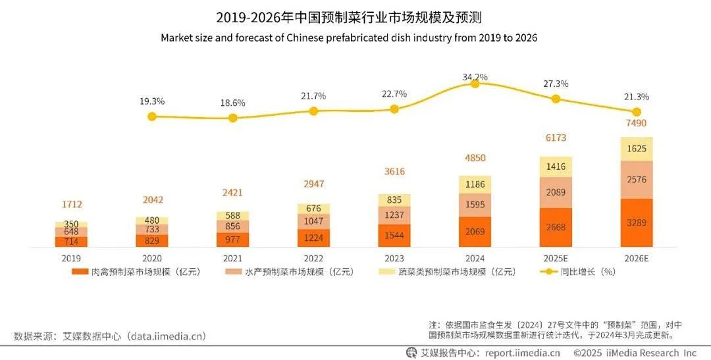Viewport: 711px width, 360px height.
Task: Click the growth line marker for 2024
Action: (x=475, y=84)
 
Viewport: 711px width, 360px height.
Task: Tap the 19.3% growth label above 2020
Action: (x=151, y=101)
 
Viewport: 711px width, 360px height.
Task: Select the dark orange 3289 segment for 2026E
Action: (x=637, y=222)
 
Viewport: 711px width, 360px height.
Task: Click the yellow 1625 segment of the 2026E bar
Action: (x=637, y=149)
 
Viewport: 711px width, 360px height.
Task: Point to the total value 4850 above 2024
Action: (x=475, y=158)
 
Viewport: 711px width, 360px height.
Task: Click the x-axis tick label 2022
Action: (x=313, y=259)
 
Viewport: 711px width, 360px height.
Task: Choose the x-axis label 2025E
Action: (x=556, y=259)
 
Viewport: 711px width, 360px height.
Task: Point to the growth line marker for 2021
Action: (x=232, y=118)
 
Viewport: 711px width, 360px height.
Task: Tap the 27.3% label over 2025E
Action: (x=556, y=84)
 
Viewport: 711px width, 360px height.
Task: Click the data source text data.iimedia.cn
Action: (x=168, y=336)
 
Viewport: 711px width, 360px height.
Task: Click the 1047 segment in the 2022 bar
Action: (x=313, y=221)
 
